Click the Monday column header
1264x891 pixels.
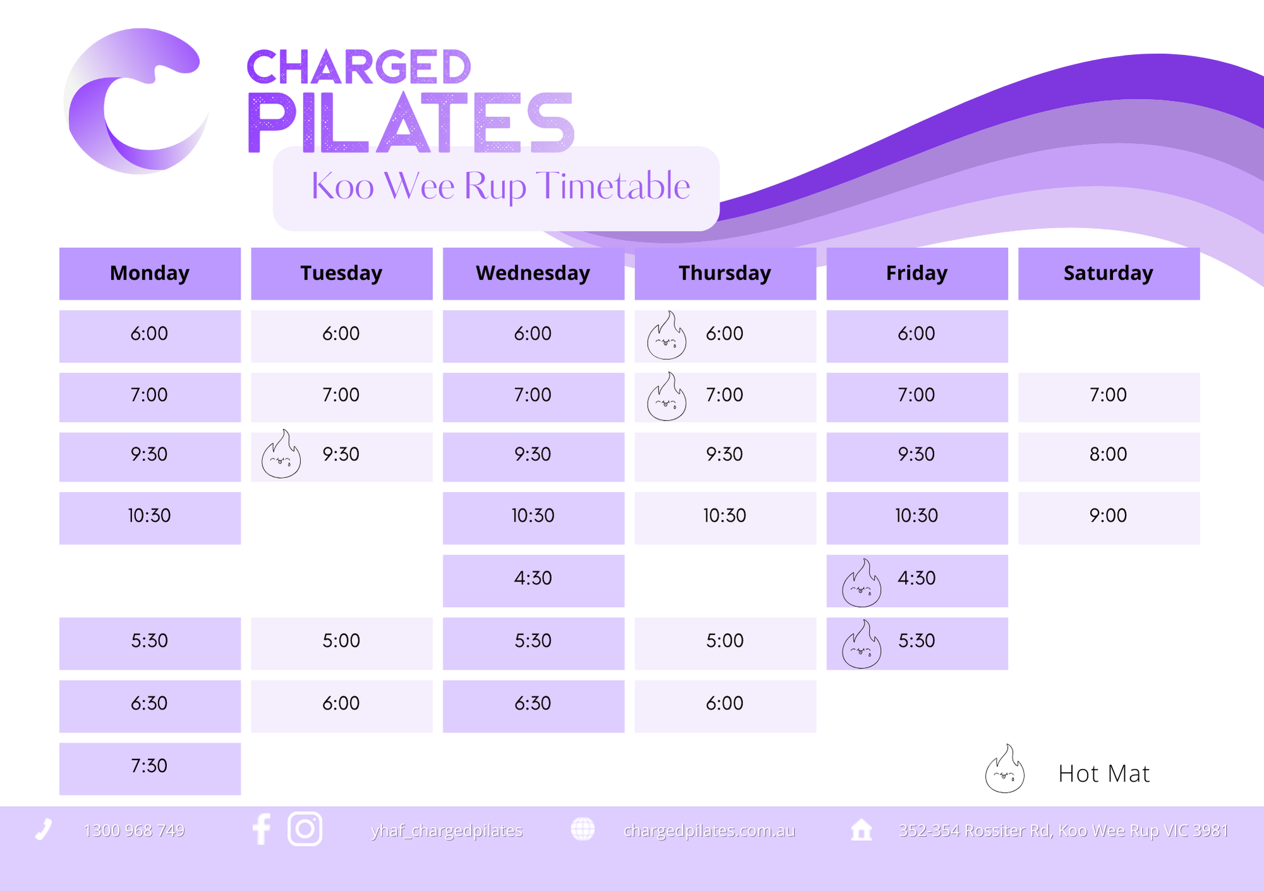(150, 273)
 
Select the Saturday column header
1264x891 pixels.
(1109, 273)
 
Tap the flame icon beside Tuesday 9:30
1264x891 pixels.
(281, 454)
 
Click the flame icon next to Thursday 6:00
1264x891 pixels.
(667, 335)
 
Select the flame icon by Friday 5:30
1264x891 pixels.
(861, 644)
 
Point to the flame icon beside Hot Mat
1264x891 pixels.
(1004, 769)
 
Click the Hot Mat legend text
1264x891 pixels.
(1103, 773)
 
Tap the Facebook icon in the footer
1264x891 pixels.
(261, 828)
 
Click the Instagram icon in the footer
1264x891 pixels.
(305, 828)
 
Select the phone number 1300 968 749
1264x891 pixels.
(134, 830)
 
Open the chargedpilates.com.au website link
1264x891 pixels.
(709, 830)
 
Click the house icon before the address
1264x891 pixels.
(861, 829)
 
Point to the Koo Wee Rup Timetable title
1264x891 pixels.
(501, 186)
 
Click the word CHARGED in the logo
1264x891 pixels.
(359, 66)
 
